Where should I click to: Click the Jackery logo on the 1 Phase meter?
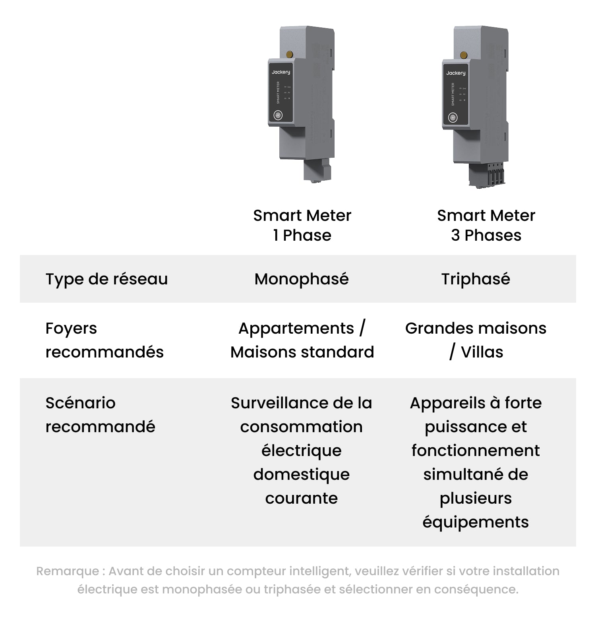(x=281, y=72)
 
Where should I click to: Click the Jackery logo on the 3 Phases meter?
(x=456, y=73)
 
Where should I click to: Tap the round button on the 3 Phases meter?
(x=453, y=118)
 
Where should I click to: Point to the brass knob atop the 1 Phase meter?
(x=289, y=54)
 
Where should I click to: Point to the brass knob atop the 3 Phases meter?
(x=463, y=55)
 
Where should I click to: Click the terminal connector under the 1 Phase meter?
(x=317, y=171)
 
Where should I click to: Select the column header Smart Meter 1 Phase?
(x=302, y=225)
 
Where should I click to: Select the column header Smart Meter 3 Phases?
(x=486, y=225)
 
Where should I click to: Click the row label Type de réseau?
(x=107, y=279)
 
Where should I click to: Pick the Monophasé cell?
(x=302, y=279)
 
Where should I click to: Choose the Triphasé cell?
(x=476, y=279)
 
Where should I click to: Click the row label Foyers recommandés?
(x=104, y=340)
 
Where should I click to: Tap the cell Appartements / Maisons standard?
(x=302, y=340)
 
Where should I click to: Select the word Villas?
(x=482, y=352)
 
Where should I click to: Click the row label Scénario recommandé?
(x=100, y=415)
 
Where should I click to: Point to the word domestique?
(x=302, y=475)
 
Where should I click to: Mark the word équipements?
(x=476, y=522)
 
